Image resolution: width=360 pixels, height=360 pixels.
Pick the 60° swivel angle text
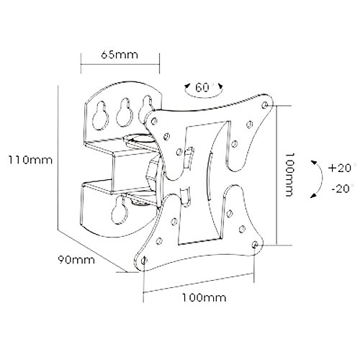click(204, 88)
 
